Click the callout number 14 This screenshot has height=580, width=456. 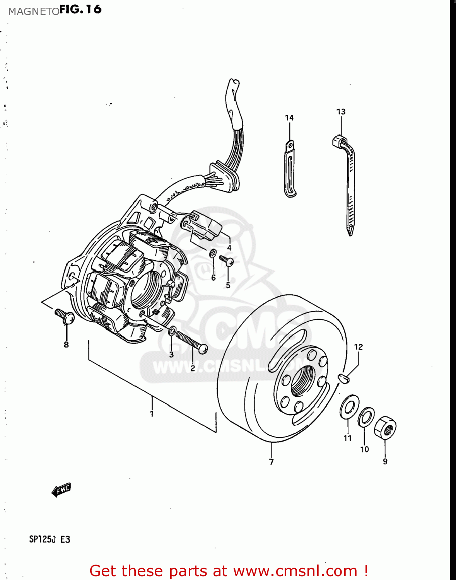point(289,118)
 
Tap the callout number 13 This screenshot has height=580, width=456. point(341,112)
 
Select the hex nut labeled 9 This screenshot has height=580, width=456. point(385,427)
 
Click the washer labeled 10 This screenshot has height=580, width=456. point(365,417)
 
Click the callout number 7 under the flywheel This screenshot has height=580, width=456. point(272,462)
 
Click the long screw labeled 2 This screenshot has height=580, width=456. point(191,342)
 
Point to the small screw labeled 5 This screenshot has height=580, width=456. point(226,260)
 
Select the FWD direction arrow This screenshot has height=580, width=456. point(61,490)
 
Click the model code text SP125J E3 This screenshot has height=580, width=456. point(50,539)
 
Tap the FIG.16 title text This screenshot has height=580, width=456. point(80,9)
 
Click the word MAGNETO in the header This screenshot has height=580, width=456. point(34,12)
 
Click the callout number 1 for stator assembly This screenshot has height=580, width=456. point(152,414)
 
